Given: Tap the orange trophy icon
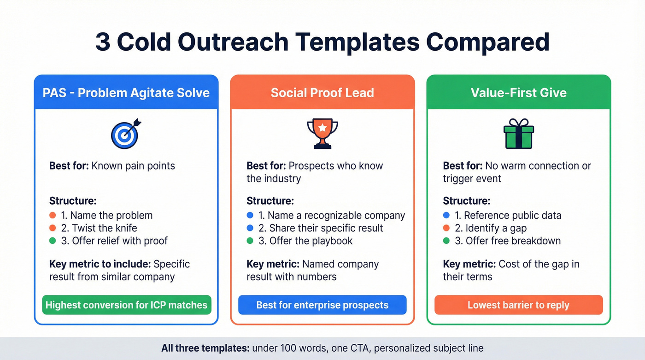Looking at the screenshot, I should coord(322,134).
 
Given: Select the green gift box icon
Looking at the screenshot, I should coord(519,134).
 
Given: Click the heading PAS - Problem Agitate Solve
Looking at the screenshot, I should coord(126,93).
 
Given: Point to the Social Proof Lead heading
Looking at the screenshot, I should coord(322,93).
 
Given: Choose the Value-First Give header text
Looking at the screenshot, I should coord(519,93).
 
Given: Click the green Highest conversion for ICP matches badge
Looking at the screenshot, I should coord(126,305).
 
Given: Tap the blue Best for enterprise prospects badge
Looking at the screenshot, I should coord(322,305).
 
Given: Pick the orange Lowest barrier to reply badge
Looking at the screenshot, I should coord(519,305).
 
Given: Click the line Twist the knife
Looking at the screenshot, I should coord(104,228).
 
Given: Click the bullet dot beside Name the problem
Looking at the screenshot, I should coord(53,215).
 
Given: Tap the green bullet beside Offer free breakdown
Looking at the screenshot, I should coord(446,241).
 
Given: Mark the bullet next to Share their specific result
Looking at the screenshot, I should coord(250,228).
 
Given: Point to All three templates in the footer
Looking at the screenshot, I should coord(205,348).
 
